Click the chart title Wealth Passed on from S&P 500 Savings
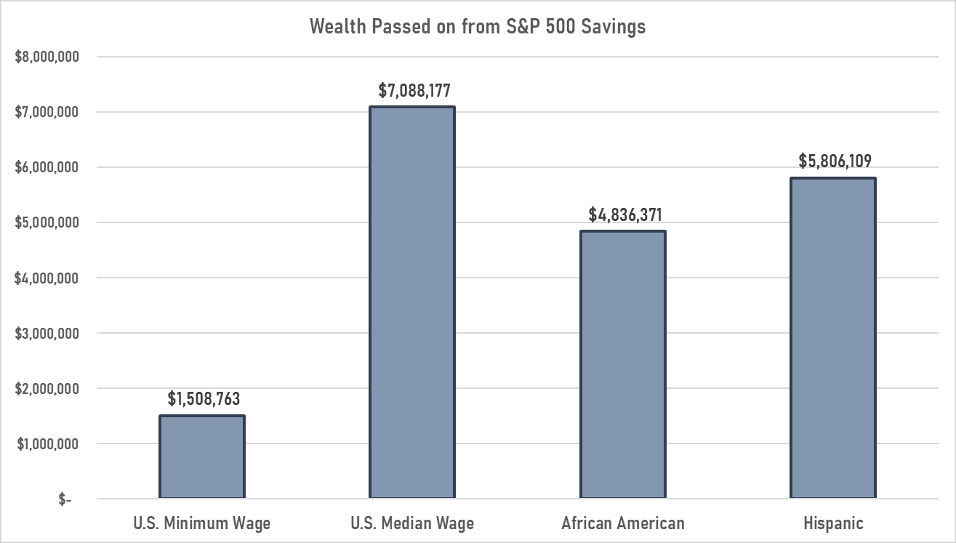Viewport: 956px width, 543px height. [x=478, y=27]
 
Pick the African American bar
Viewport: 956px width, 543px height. [x=622, y=364]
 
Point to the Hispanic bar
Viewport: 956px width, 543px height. [x=833, y=338]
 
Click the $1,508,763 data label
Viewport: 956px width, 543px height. [x=204, y=398]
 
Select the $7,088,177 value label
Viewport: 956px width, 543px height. [x=414, y=91]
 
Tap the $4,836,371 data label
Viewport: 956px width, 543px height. [x=625, y=215]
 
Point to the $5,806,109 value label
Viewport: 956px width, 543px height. [x=835, y=161]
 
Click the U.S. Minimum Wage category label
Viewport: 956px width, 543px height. [x=201, y=523]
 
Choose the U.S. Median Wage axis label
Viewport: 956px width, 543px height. [x=411, y=523]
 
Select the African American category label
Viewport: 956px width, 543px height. [x=623, y=523]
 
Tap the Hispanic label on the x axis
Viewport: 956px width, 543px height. [x=833, y=523]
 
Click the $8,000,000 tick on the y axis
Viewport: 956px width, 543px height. [x=47, y=57]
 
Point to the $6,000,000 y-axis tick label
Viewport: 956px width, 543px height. [x=47, y=167]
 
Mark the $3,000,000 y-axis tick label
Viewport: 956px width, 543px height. [x=47, y=334]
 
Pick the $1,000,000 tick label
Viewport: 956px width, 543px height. [x=47, y=444]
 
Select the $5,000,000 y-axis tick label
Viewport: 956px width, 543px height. [x=47, y=222]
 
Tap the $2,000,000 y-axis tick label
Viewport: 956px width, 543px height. [x=47, y=389]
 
